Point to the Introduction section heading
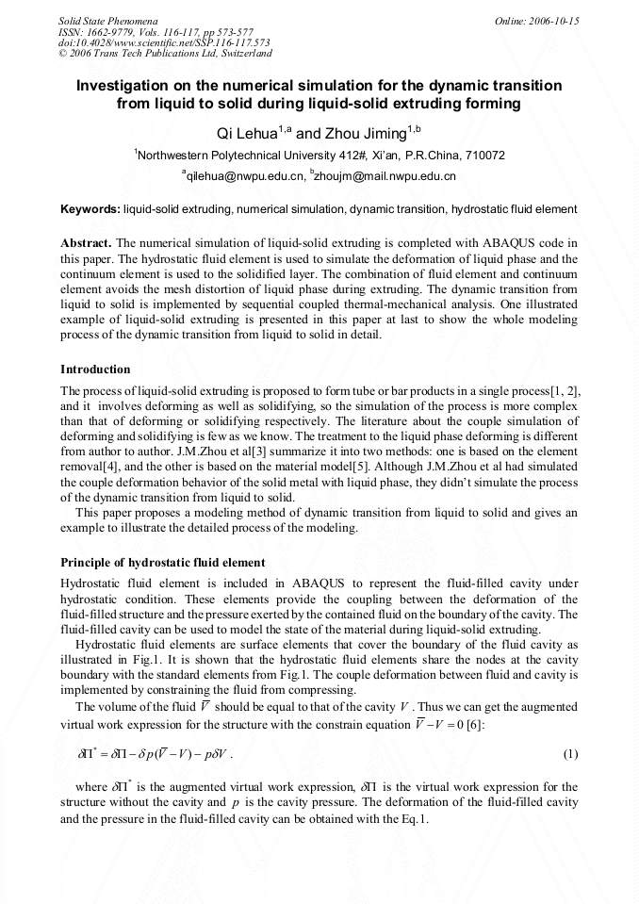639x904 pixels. (95, 369)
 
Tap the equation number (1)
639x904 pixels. (570, 754)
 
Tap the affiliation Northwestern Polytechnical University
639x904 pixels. (233, 156)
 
